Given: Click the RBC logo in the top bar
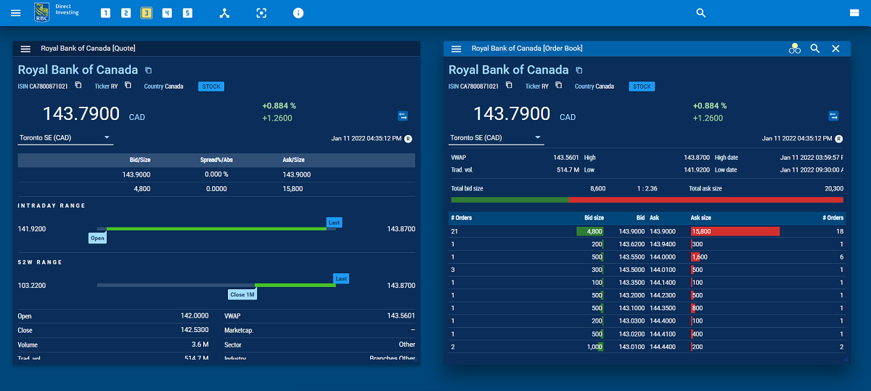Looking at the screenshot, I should (42, 12).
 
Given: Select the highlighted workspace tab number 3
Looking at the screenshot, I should (147, 13).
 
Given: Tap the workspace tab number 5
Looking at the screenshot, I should (187, 13).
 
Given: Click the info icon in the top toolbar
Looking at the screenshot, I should (298, 13).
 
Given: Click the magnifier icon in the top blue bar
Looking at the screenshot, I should (700, 13).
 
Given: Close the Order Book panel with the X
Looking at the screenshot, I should (835, 49).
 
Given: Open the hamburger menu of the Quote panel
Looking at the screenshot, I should (25, 49).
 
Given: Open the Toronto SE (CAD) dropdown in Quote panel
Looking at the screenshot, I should (65, 137).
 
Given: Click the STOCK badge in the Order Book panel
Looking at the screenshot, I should (642, 86).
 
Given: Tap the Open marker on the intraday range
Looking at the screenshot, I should (97, 238).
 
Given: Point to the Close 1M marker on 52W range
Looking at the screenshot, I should (242, 294).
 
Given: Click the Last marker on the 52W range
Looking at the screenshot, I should (341, 278).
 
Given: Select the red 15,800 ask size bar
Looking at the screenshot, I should (735, 231).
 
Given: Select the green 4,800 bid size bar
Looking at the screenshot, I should (589, 231).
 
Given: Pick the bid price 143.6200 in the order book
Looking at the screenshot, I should (631, 245).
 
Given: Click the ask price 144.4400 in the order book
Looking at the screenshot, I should (663, 347).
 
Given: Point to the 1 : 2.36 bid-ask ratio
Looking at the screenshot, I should (647, 188).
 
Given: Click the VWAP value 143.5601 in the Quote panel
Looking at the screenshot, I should (401, 316).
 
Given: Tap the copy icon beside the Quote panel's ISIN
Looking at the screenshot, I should (78, 86).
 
